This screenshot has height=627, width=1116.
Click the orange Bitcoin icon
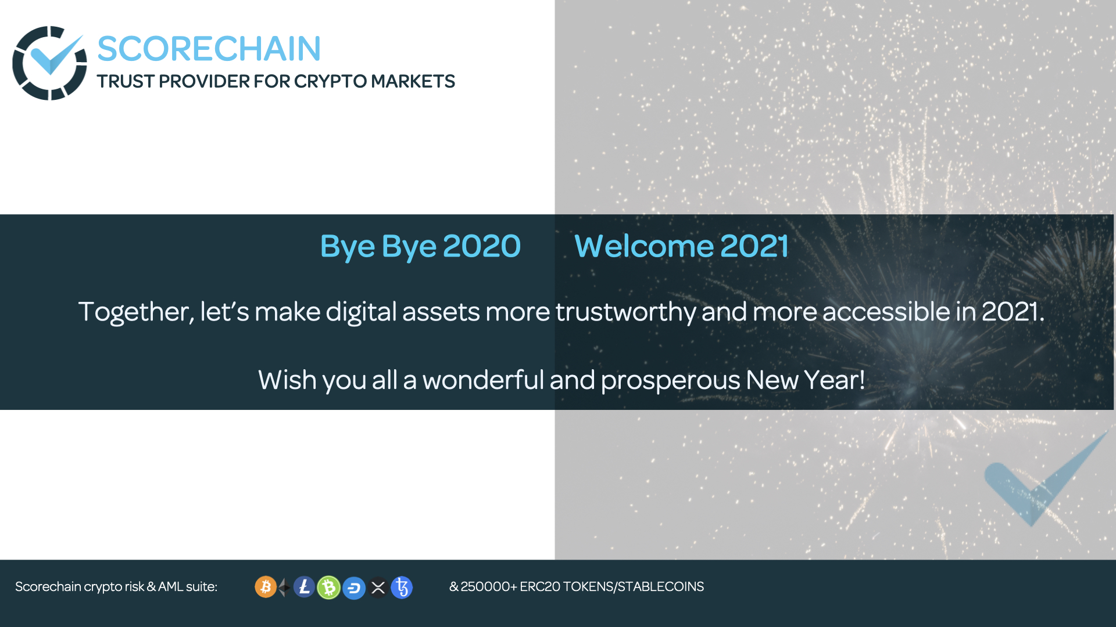266,587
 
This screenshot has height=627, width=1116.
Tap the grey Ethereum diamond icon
284,588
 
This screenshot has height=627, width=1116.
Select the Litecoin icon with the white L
304,587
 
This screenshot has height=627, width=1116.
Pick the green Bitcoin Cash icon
329,588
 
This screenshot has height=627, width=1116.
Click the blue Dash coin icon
353,588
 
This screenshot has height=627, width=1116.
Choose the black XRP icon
378,588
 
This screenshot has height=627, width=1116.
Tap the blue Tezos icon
402,587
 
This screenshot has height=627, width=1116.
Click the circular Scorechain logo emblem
49,63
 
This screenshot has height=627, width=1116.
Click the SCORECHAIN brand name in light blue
209,49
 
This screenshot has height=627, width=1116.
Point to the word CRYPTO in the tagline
330,82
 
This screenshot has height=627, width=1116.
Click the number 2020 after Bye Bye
481,246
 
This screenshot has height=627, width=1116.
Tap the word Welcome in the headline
643,246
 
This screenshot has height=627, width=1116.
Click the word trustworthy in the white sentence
625,312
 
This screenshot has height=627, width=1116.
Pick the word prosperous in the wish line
670,381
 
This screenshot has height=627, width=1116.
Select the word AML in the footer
170,587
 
